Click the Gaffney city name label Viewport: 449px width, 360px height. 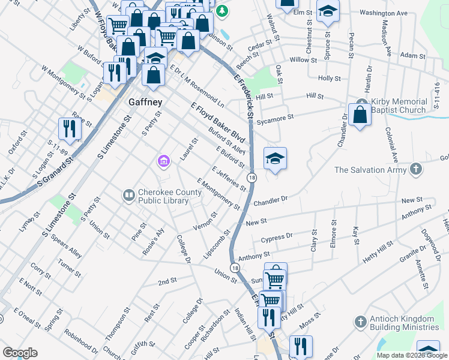tap(145, 102)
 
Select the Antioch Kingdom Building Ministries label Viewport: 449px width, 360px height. tap(404, 323)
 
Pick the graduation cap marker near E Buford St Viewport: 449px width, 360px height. tap(275, 158)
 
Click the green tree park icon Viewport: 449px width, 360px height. tap(222, 11)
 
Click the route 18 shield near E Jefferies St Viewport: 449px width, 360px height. tap(252, 178)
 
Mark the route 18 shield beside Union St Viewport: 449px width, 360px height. tap(234, 268)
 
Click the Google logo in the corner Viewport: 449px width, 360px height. tap(20, 353)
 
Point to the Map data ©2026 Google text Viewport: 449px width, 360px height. tap(411, 355)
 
